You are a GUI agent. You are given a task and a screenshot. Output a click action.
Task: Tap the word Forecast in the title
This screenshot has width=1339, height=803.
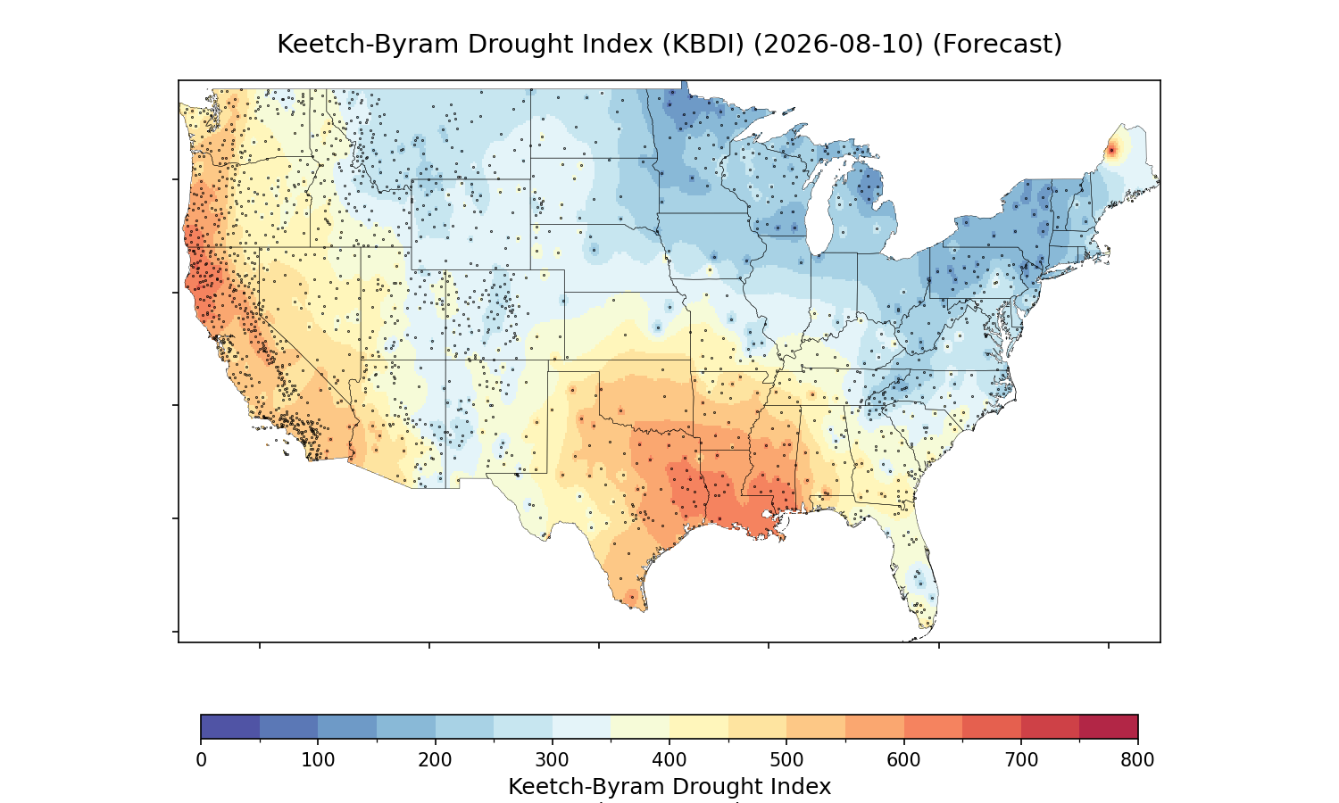[x=997, y=45]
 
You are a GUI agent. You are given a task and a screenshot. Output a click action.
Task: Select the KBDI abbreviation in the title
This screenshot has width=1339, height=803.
[x=703, y=45]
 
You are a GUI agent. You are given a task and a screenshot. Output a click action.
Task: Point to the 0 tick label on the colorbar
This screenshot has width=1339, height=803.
[x=202, y=760]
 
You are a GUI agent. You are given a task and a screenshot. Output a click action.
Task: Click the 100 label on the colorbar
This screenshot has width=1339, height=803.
[x=318, y=760]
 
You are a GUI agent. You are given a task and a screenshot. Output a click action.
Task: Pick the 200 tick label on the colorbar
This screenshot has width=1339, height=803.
[x=436, y=760]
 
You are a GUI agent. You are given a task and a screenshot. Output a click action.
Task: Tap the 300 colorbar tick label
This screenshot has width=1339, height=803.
[x=553, y=760]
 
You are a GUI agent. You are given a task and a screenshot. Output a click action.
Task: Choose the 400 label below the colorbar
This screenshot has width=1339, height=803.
[x=669, y=760]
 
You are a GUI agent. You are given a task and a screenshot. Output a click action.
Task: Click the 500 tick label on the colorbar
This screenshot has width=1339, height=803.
[x=786, y=760]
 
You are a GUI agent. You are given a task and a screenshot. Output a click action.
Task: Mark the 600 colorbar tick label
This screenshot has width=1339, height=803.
[x=903, y=760]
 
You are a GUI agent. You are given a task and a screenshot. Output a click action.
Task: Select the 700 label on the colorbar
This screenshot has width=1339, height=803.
[x=1021, y=760]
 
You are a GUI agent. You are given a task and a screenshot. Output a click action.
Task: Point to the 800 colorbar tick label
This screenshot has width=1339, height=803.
[x=1137, y=760]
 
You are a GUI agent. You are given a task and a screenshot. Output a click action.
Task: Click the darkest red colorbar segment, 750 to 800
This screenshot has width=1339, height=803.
[x=1109, y=726]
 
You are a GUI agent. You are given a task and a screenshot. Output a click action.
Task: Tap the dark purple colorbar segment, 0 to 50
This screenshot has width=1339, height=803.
[x=230, y=726]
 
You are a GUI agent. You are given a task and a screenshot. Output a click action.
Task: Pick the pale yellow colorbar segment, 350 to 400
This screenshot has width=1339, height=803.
[x=640, y=726]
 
